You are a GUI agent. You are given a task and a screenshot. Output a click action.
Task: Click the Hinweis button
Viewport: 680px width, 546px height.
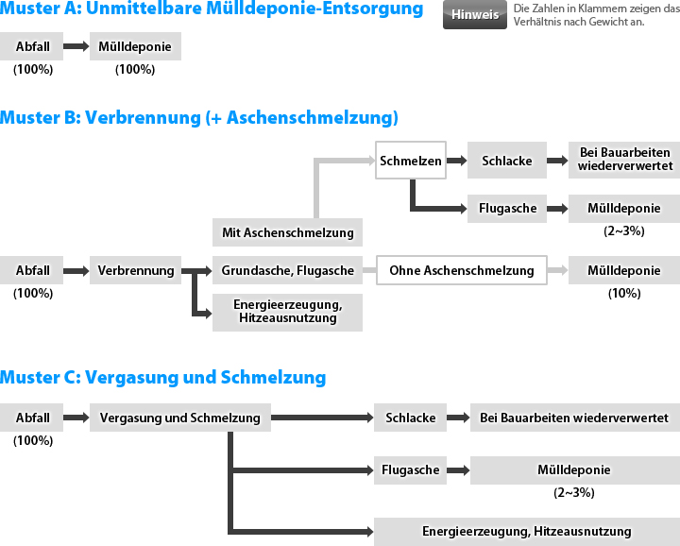[x=475, y=14]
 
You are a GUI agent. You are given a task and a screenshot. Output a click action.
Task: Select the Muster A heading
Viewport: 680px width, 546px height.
[x=212, y=9]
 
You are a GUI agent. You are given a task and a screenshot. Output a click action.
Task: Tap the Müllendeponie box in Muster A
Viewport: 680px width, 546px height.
[x=135, y=46]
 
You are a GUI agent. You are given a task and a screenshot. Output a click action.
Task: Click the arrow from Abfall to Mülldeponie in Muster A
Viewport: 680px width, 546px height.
[x=76, y=46]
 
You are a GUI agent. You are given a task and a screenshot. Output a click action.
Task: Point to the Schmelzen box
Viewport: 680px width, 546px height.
[x=411, y=161]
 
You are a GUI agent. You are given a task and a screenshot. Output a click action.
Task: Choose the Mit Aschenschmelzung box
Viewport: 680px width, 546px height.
[x=287, y=232]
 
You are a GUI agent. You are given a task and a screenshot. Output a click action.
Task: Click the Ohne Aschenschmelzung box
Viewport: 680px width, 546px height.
[x=462, y=270]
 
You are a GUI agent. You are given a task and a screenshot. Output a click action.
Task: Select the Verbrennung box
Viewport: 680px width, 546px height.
[x=135, y=270]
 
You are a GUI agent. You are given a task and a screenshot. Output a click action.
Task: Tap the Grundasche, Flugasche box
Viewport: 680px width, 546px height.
[x=287, y=270]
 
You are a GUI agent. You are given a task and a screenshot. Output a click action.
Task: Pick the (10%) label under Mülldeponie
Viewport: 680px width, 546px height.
[x=624, y=293]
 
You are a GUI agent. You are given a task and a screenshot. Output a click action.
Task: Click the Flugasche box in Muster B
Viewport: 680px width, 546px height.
[x=507, y=208]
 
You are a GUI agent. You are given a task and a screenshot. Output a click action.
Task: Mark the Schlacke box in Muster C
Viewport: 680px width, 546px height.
[x=410, y=418]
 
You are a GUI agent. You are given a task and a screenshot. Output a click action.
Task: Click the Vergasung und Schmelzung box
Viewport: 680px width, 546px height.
[x=180, y=418]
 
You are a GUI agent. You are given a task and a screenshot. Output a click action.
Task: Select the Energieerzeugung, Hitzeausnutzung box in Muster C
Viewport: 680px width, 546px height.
[x=527, y=531]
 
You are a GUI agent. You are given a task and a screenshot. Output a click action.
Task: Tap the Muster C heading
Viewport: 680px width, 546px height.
[x=163, y=377]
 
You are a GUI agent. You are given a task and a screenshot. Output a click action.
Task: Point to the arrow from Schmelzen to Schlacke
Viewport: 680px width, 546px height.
[x=457, y=161]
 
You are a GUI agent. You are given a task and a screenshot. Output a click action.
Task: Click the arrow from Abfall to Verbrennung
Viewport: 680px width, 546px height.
[x=76, y=271]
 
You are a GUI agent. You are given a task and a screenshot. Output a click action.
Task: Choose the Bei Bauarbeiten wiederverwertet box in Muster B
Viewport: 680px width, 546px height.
[x=624, y=159]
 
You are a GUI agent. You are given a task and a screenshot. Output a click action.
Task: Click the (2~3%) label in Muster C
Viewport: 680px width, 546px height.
[x=574, y=493]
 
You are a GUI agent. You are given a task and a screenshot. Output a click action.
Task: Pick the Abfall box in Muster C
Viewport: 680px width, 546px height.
[x=32, y=418]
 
